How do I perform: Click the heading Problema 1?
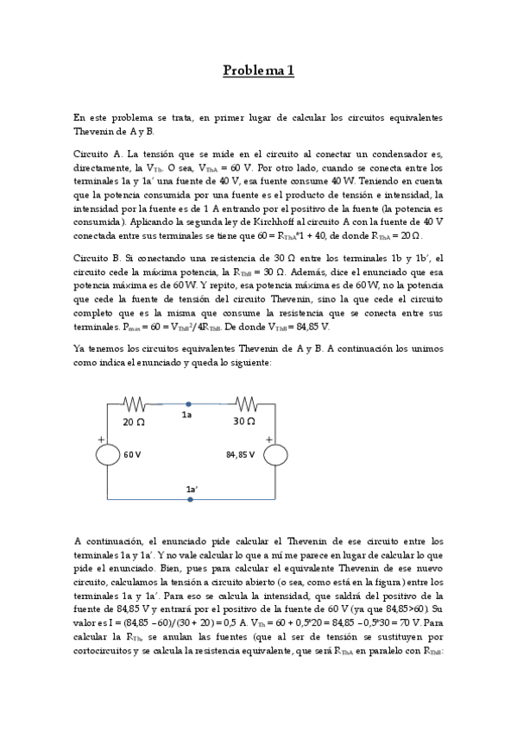(x=259, y=71)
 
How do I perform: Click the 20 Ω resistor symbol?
(x=135, y=403)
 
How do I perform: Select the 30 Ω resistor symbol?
(x=245, y=403)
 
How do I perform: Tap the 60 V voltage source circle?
(x=107, y=454)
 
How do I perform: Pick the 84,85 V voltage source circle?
(x=274, y=454)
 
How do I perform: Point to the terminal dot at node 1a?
(x=189, y=403)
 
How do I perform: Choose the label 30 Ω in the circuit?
(x=244, y=422)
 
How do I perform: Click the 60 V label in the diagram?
(x=132, y=454)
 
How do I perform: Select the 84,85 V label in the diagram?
(x=241, y=454)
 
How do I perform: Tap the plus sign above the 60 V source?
(x=101, y=438)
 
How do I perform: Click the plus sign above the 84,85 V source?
(x=268, y=438)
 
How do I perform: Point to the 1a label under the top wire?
(x=186, y=415)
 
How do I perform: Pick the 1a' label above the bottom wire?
(x=192, y=489)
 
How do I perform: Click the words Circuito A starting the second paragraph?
(x=98, y=153)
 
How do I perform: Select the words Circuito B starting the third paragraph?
(x=98, y=258)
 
